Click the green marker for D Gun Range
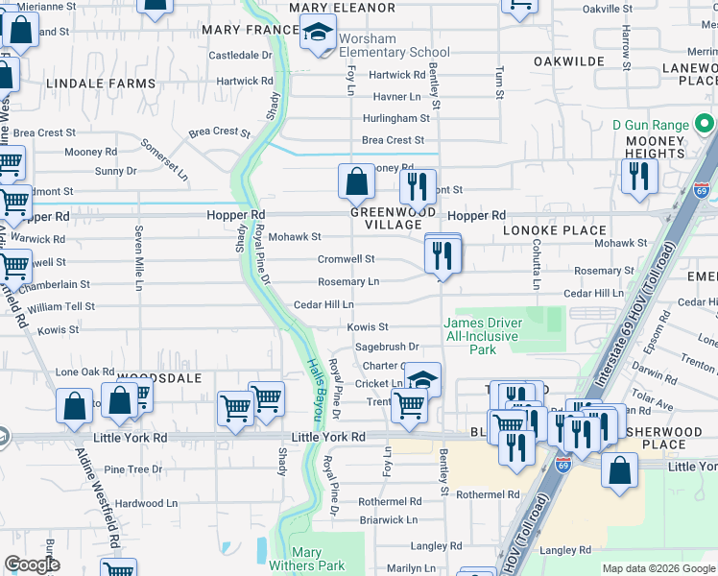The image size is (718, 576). [705, 124]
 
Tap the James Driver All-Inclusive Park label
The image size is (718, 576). [482, 336]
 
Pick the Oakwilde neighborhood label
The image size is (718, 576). [569, 61]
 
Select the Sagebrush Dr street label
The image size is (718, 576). [388, 347]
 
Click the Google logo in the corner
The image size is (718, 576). [33, 564]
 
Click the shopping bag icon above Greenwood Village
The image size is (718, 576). [356, 180]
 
